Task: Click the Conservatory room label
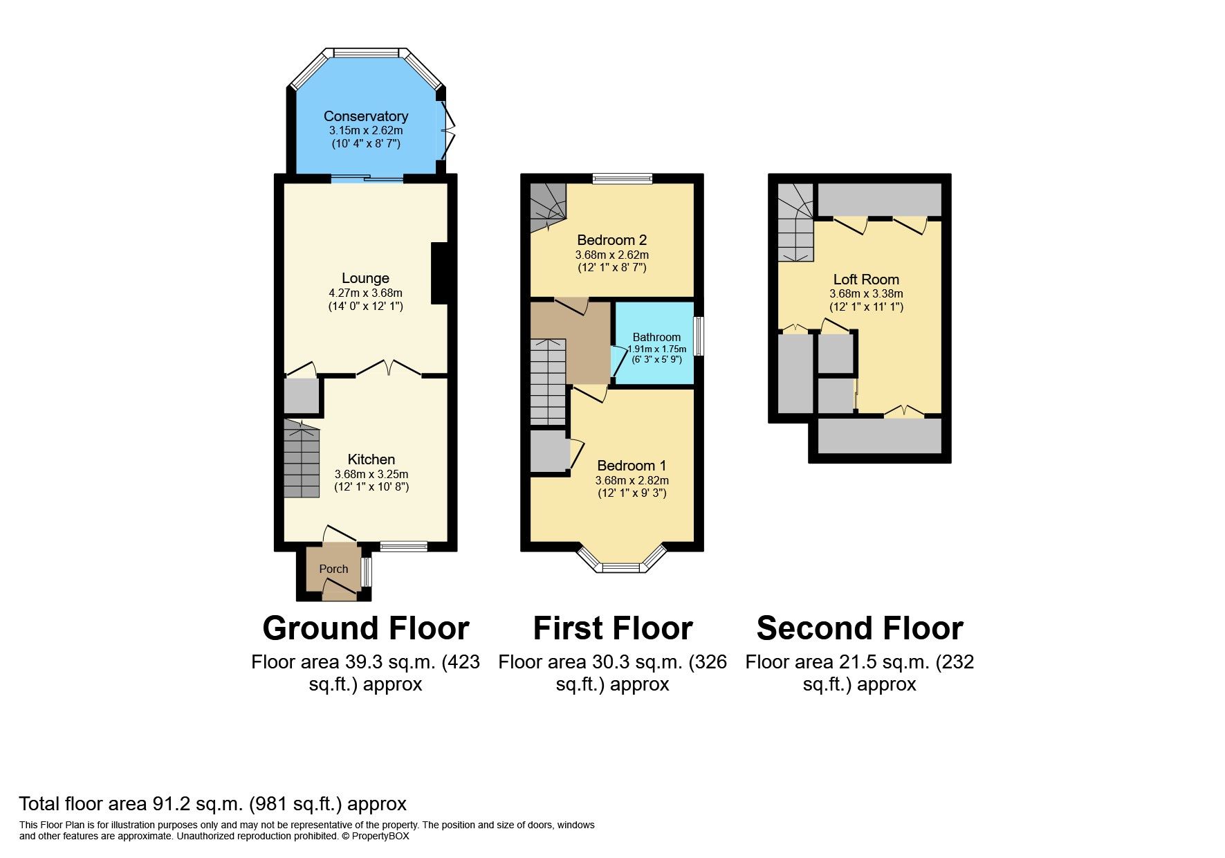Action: click(x=365, y=116)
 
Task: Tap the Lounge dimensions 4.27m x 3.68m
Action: click(x=365, y=293)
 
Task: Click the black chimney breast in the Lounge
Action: click(x=439, y=273)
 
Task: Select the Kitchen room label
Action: click(x=371, y=459)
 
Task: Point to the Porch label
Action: click(x=333, y=569)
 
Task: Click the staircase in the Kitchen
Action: click(x=302, y=460)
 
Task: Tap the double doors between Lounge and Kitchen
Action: click(x=389, y=369)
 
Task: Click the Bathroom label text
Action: click(x=656, y=337)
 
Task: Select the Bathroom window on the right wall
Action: click(x=699, y=336)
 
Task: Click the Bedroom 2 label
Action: click(x=611, y=240)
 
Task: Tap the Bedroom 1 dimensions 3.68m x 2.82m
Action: click(x=632, y=480)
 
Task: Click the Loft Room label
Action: click(x=866, y=280)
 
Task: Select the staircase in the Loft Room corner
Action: click(x=795, y=223)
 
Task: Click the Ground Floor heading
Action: click(x=365, y=628)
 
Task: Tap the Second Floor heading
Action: click(x=859, y=628)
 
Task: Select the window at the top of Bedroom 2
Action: click(x=623, y=179)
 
